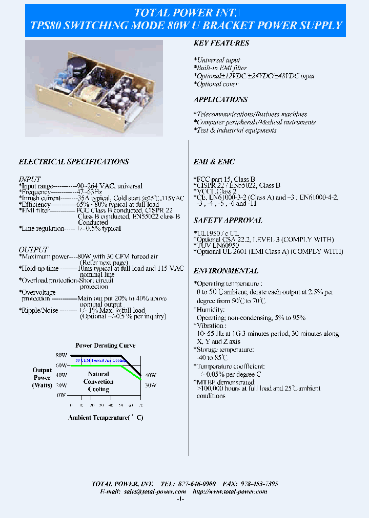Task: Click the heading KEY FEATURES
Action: (x=221, y=44)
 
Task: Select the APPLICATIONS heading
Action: (x=220, y=99)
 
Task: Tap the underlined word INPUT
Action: (x=30, y=179)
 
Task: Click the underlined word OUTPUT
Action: (x=33, y=249)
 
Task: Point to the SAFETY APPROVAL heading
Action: (x=228, y=220)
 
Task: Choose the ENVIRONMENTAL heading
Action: (x=225, y=271)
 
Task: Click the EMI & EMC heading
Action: (x=214, y=162)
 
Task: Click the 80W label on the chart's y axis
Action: (x=61, y=355)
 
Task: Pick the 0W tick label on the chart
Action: (x=61, y=395)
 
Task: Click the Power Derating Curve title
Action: (x=106, y=346)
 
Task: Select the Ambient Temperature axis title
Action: (x=106, y=418)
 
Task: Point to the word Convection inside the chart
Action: (x=98, y=382)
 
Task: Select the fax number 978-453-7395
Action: (x=258, y=484)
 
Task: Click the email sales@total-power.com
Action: (x=155, y=491)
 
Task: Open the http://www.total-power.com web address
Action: (x=230, y=491)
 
